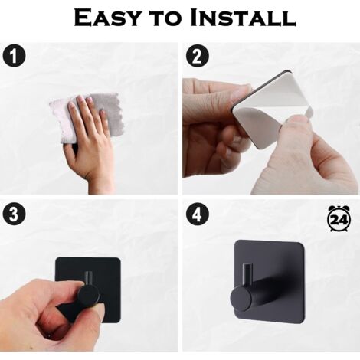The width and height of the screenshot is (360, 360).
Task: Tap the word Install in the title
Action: (244, 18)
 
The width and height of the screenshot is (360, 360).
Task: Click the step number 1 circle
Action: (14, 56)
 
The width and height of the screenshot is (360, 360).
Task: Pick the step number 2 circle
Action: (197, 56)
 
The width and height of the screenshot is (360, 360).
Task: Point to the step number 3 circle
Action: (14, 214)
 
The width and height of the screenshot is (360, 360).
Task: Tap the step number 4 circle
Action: (197, 214)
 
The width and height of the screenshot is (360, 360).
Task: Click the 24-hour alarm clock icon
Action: (339, 218)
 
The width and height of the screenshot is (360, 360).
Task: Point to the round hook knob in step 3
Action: (89, 297)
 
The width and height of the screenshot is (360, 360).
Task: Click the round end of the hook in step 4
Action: (241, 298)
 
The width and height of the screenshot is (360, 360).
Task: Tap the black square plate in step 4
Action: (270, 281)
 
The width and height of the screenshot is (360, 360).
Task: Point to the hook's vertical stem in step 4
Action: (247, 275)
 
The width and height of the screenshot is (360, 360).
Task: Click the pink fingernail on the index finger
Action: (80, 99)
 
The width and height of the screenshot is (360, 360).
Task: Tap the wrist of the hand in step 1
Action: (100, 182)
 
